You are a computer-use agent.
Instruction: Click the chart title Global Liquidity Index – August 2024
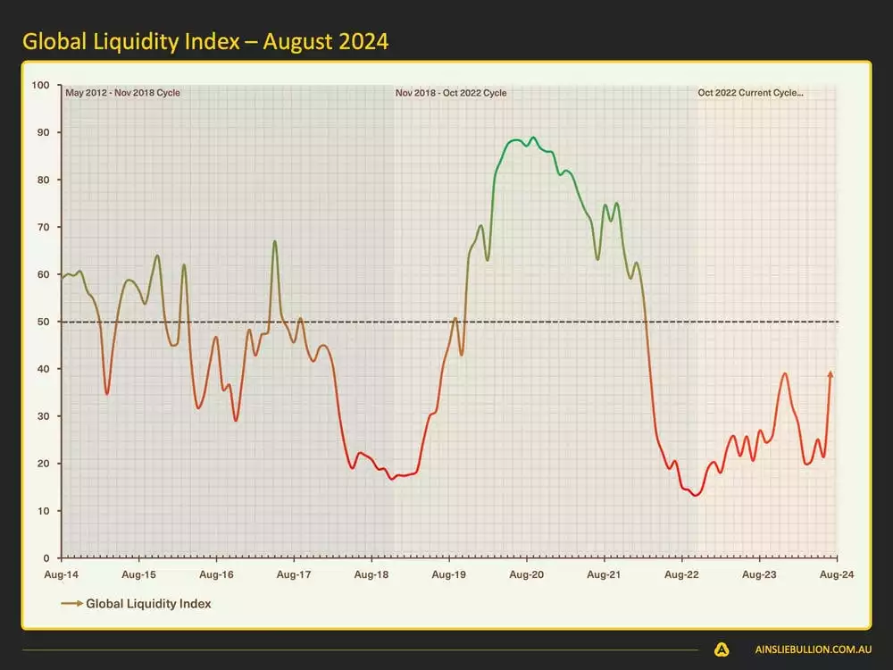click(205, 41)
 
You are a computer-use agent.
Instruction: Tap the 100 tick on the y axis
click(40, 86)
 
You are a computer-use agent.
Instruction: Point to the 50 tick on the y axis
click(43, 322)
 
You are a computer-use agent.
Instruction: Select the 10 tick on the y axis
click(43, 511)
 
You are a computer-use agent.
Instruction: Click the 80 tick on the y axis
click(43, 180)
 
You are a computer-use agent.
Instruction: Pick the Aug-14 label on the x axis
click(61, 575)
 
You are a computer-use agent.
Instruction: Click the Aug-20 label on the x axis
click(527, 575)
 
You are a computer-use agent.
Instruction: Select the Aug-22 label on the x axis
click(682, 575)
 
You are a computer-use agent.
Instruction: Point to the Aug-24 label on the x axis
click(837, 575)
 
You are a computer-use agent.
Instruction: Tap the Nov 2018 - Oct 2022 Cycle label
click(451, 92)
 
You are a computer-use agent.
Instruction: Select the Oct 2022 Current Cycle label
click(750, 92)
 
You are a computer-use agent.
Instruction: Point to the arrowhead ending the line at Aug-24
click(831, 374)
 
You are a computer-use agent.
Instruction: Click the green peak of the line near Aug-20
click(533, 138)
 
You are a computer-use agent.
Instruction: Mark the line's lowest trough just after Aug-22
click(696, 495)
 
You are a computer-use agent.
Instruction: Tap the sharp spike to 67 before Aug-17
click(275, 241)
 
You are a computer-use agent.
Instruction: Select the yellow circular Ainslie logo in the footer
click(722, 650)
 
